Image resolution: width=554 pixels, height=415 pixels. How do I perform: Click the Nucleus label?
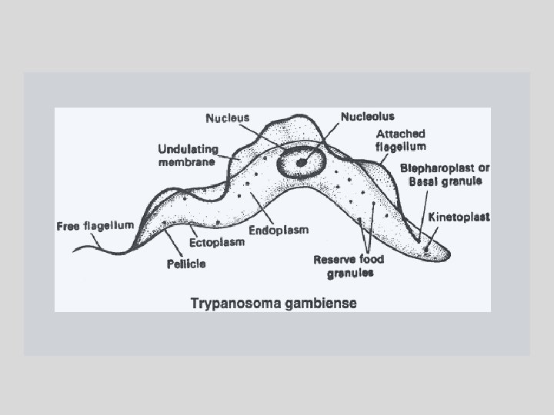228,118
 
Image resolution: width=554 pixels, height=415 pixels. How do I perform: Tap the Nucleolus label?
367,117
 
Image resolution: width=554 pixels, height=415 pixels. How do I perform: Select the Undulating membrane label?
189,154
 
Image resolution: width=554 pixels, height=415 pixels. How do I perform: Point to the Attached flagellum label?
400,140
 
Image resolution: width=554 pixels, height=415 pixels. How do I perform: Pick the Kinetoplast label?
459,217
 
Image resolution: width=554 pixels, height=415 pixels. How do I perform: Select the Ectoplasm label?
217,242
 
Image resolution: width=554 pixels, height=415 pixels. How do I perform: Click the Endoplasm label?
278,230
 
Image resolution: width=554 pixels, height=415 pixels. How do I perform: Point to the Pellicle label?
186,264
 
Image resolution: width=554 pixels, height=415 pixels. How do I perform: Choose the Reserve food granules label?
348,266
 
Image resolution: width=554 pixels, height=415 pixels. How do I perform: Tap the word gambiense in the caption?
322,303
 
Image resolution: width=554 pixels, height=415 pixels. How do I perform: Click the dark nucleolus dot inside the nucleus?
301,161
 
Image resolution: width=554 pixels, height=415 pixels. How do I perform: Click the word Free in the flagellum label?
68,227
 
